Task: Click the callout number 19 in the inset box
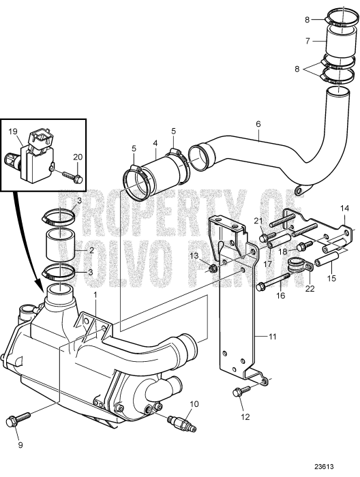[x=13, y=130]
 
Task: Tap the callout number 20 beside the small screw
[x=77, y=157]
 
